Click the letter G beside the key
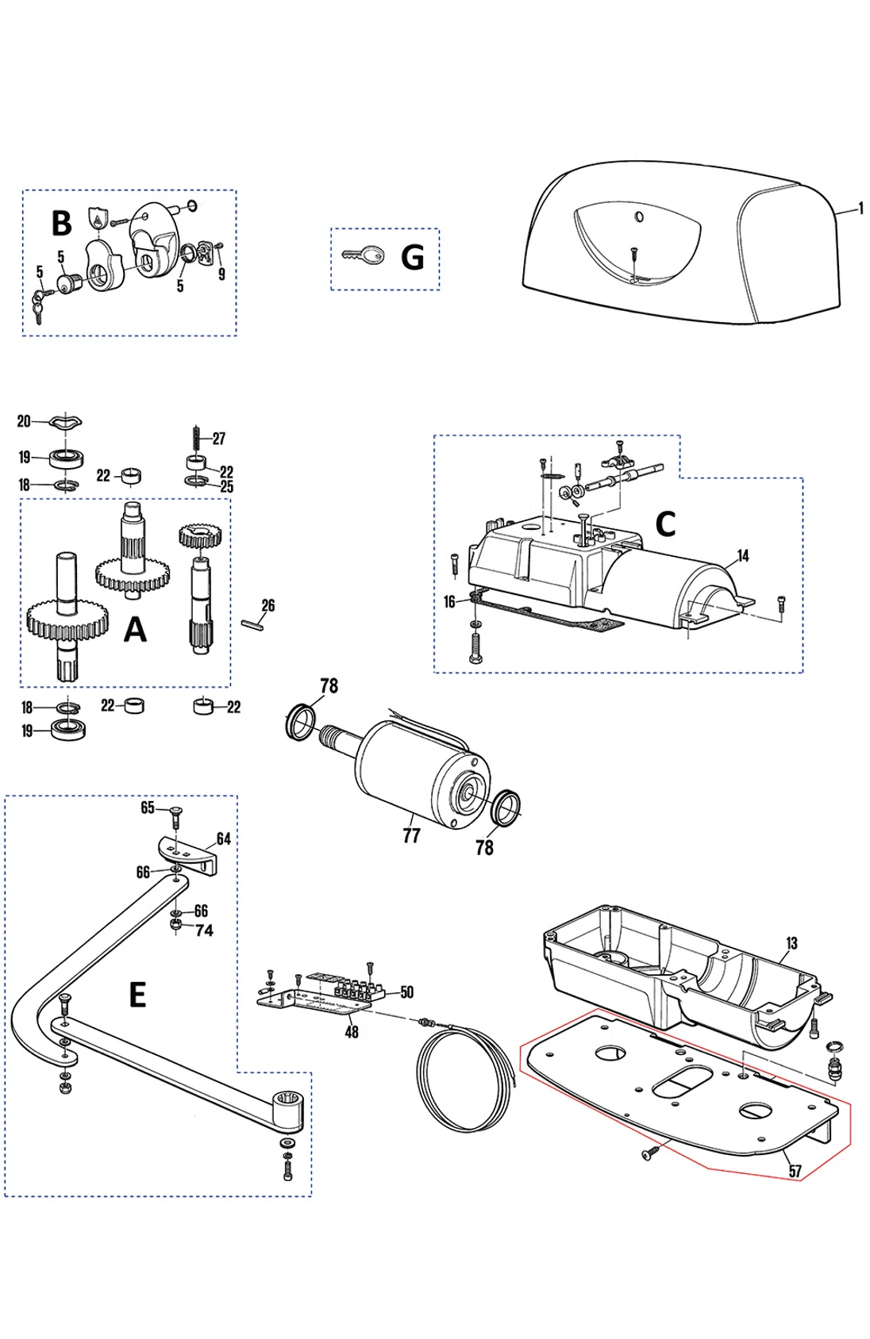[x=413, y=257]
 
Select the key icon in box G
[x=364, y=255]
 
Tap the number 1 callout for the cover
[x=861, y=209]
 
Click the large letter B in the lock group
[x=61, y=224]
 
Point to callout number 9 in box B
[x=221, y=274]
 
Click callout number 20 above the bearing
[x=24, y=421]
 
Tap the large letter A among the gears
[x=136, y=630]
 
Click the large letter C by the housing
[x=665, y=524]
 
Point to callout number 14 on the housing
[x=743, y=555]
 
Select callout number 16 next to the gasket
[x=449, y=602]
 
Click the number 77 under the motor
[x=411, y=835]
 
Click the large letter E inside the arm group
[x=137, y=994]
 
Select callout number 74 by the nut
[x=204, y=930]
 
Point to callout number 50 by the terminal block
[x=406, y=992]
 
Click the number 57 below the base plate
[x=795, y=1171]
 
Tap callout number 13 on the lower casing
[x=791, y=943]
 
